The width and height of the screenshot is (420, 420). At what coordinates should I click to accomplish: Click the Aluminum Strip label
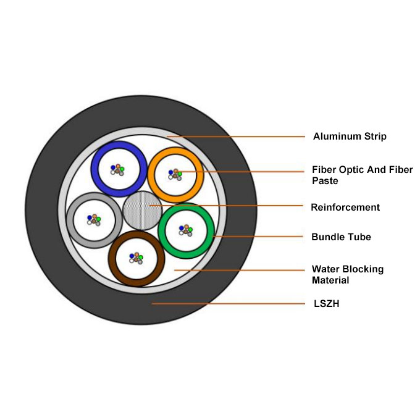(x=350, y=136)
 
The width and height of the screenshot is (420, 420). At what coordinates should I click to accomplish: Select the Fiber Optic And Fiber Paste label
(x=362, y=170)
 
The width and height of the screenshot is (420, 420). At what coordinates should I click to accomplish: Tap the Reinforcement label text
(x=345, y=208)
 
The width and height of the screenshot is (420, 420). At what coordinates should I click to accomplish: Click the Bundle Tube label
(x=341, y=237)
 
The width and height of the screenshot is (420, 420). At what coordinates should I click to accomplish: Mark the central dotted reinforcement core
(x=142, y=211)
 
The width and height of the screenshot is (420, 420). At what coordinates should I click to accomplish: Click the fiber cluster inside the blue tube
(x=117, y=169)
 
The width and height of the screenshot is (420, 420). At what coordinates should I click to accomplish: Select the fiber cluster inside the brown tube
(x=136, y=258)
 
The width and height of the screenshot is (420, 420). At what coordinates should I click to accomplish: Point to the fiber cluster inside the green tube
(x=185, y=230)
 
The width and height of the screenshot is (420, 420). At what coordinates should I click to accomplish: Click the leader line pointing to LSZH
(x=229, y=303)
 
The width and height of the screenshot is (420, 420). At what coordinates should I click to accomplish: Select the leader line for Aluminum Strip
(x=241, y=136)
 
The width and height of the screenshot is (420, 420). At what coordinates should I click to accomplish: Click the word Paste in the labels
(x=325, y=182)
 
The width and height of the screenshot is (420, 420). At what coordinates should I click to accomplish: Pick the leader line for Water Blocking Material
(x=241, y=270)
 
